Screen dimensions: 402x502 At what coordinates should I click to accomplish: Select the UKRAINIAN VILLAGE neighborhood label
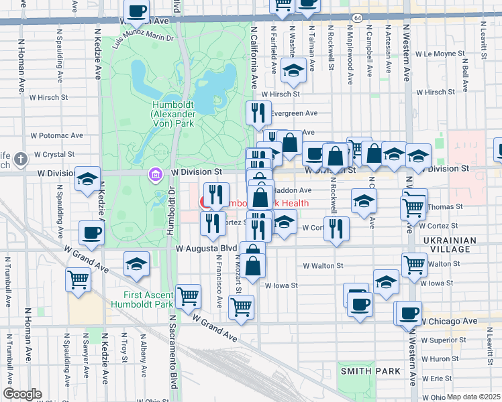450,245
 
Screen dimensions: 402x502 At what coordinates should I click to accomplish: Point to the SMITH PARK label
360,371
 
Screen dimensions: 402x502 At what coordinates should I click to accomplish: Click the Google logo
22,394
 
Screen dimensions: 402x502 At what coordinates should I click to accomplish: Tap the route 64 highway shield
359,17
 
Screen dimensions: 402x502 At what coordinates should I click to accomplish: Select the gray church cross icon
21,159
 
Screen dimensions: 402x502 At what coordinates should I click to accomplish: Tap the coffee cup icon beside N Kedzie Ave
91,233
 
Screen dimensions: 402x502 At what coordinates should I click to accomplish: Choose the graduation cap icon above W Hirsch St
293,70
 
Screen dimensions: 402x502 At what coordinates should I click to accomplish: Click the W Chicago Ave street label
448,322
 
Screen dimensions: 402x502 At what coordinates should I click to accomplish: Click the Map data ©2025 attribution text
472,397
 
